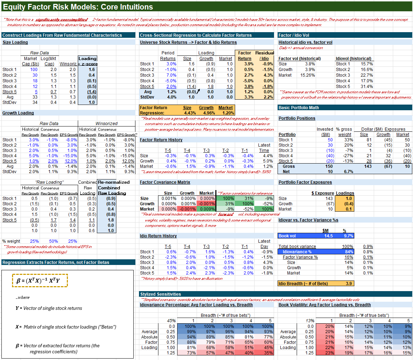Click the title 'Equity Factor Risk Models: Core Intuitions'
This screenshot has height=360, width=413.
[78, 7]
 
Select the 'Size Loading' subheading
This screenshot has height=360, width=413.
[15, 42]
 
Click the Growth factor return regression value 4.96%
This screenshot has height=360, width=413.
[206, 113]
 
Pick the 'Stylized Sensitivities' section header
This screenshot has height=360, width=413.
[161, 294]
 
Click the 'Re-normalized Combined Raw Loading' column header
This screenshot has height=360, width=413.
[114, 188]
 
